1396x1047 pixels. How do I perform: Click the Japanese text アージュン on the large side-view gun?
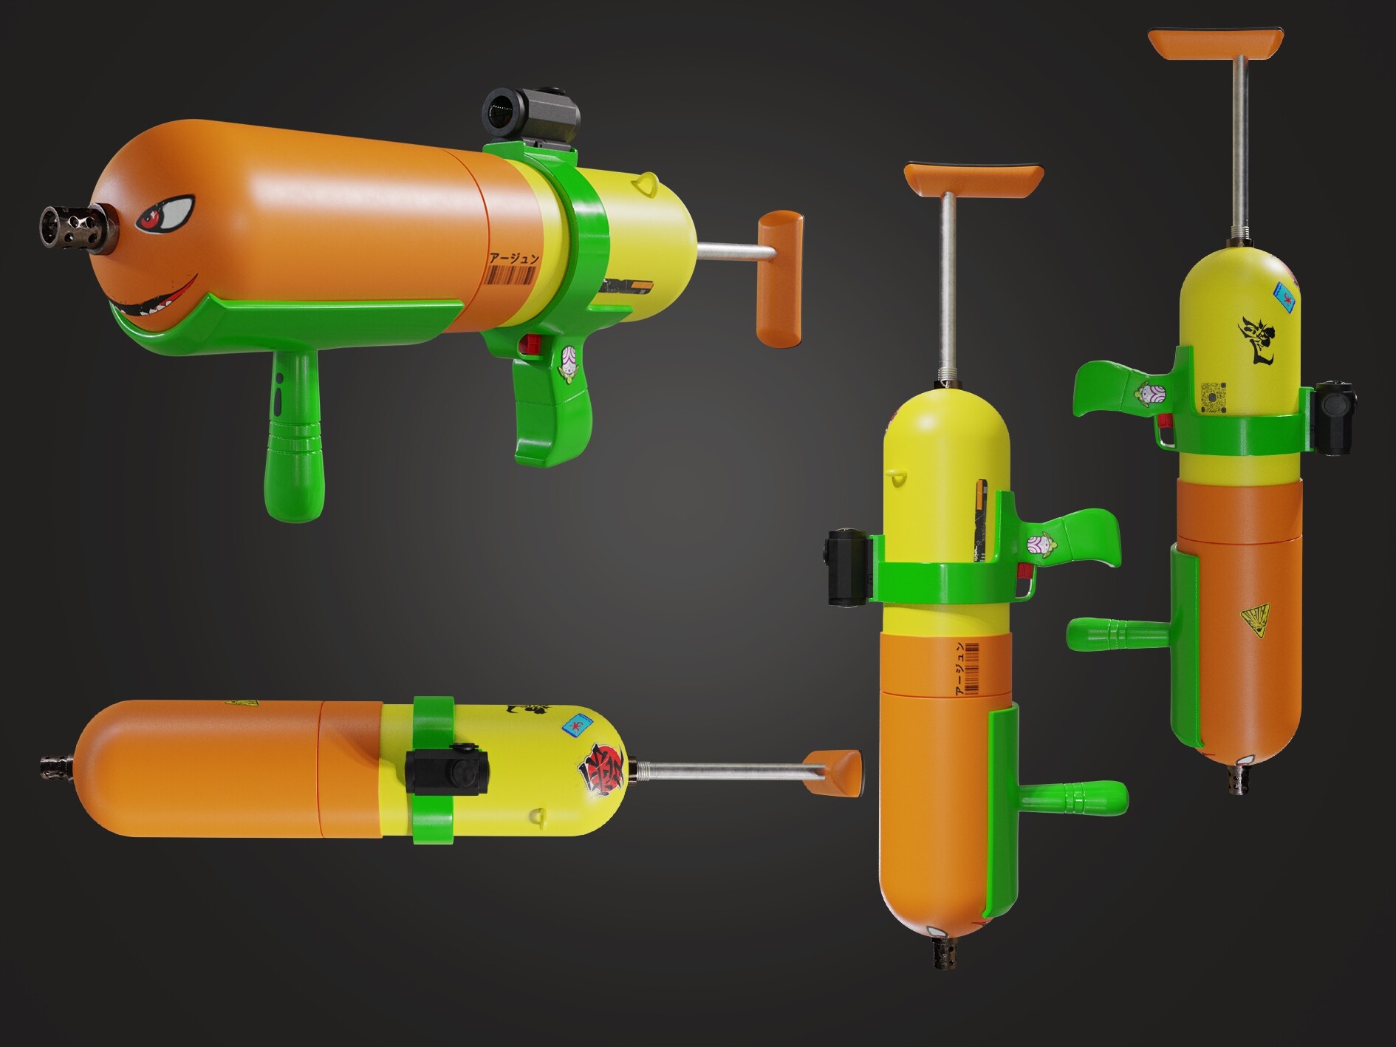(x=513, y=259)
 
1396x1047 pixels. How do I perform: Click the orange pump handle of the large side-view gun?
(x=779, y=277)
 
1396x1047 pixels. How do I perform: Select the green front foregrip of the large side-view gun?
(x=295, y=436)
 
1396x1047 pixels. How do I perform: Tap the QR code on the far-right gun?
(x=1214, y=398)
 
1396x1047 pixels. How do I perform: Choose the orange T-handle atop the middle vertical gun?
(x=973, y=180)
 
